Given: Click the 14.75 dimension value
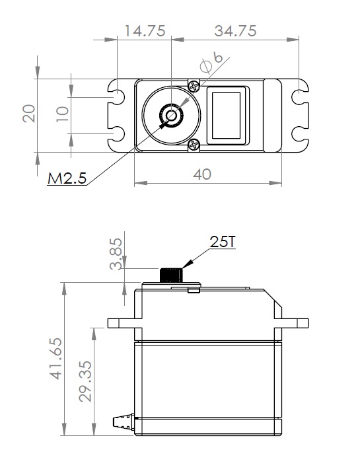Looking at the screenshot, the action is pyautogui.click(x=145, y=31).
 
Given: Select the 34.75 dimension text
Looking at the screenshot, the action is pyautogui.click(x=235, y=31).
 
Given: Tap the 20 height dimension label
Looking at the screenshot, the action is pyautogui.click(x=29, y=114).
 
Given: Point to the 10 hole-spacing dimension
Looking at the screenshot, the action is pyautogui.click(x=63, y=114).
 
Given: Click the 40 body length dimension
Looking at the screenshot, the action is pyautogui.click(x=202, y=174).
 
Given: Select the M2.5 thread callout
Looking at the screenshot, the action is pyautogui.click(x=67, y=178).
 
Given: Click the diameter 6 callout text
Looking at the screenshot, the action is pyautogui.click(x=211, y=62).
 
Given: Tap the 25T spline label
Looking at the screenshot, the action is pyautogui.click(x=223, y=242).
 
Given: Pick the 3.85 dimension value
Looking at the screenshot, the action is pyautogui.click(x=116, y=254).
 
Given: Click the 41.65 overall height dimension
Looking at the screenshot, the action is pyautogui.click(x=56, y=358).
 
